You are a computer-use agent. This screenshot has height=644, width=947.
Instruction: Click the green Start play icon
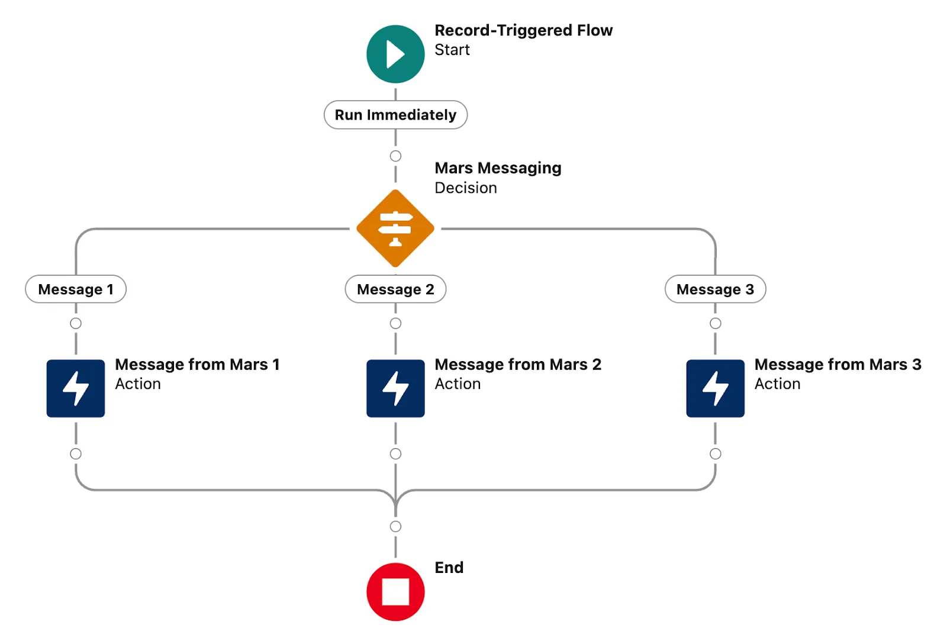(x=395, y=54)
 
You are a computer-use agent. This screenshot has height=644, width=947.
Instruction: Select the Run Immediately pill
(x=395, y=115)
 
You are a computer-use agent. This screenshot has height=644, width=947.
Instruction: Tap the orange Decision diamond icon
(x=395, y=228)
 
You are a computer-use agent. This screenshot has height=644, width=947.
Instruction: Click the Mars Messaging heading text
(x=498, y=168)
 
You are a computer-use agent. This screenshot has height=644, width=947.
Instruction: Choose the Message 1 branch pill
(x=76, y=289)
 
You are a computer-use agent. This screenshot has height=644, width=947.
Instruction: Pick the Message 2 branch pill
(x=395, y=289)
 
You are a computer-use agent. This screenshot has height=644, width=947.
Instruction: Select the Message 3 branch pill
(x=715, y=289)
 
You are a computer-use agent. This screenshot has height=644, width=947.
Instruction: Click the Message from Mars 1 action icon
(x=76, y=388)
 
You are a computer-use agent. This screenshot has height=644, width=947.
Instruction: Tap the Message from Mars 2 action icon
(x=395, y=388)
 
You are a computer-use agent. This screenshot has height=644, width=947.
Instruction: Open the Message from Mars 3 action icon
(x=715, y=388)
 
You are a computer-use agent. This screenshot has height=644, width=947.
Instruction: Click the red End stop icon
(x=395, y=591)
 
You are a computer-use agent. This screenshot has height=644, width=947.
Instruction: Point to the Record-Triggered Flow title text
(x=523, y=30)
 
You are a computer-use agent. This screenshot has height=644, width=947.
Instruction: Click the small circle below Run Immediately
(x=395, y=156)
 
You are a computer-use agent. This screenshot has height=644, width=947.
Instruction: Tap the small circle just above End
(x=395, y=526)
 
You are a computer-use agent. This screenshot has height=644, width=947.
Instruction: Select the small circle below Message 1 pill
(x=76, y=323)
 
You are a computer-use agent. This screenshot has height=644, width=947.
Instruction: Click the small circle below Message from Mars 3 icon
(x=715, y=454)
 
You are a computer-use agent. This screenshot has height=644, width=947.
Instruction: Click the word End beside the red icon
(x=449, y=568)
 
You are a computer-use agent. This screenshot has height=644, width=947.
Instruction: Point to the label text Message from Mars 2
(x=517, y=365)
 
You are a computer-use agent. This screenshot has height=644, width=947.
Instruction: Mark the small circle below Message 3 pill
(x=715, y=323)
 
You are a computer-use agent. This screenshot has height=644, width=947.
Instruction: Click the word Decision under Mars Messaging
(x=465, y=188)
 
